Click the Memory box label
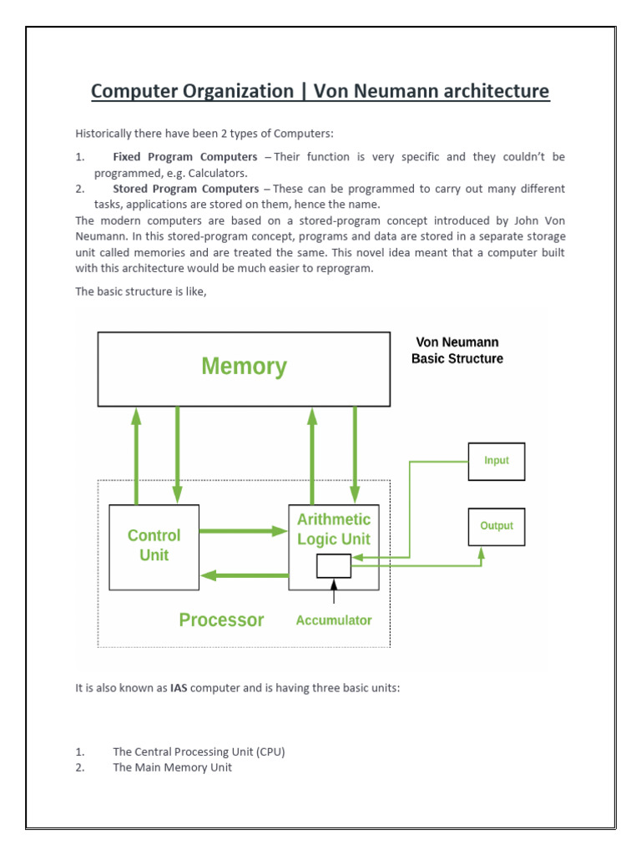(244, 367)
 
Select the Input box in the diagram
(496, 461)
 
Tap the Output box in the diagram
(496, 526)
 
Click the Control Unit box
(154, 545)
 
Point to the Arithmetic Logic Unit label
(334, 529)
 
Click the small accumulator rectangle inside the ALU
(334, 566)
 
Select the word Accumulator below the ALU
(334, 620)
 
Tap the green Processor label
(221, 620)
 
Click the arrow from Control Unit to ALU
(243, 530)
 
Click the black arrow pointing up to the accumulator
(334, 591)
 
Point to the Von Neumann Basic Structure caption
(457, 351)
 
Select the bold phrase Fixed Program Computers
(185, 157)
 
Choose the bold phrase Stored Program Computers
(185, 189)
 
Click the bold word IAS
(179, 689)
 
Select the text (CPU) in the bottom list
(269, 751)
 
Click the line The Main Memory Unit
(173, 767)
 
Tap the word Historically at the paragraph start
(105, 133)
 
